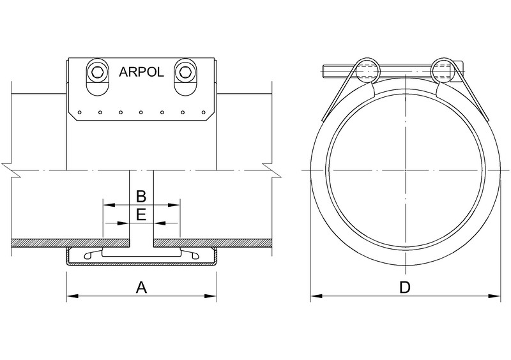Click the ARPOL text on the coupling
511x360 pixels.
point(142,72)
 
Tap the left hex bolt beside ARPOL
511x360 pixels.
point(98,72)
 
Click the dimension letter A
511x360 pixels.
point(142,288)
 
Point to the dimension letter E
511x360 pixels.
point(142,214)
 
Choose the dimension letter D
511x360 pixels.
point(404,288)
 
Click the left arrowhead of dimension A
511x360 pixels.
point(71,296)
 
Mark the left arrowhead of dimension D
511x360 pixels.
point(316,296)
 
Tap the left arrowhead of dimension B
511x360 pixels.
point(107,205)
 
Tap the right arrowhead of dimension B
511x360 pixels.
point(176,205)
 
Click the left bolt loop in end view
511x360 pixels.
point(366,68)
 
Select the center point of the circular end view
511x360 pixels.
point(404,170)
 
